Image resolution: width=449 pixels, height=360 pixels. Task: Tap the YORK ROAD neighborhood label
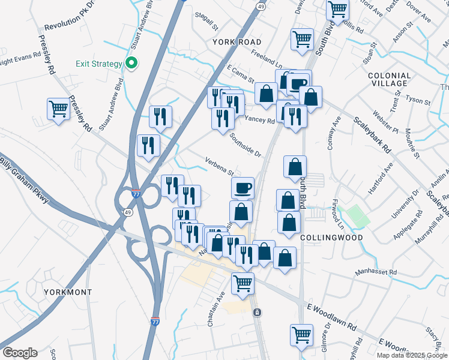click(x=237, y=42)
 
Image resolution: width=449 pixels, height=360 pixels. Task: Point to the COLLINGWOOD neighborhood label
click(x=331, y=238)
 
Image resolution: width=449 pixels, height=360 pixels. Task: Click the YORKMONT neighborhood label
click(x=68, y=292)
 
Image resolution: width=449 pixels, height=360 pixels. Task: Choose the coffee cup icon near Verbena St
click(x=243, y=188)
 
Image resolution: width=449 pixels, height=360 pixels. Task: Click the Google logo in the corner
click(x=19, y=353)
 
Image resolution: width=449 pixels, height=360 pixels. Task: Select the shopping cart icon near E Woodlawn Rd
click(x=302, y=335)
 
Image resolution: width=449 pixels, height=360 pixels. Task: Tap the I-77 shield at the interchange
click(x=137, y=196)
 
